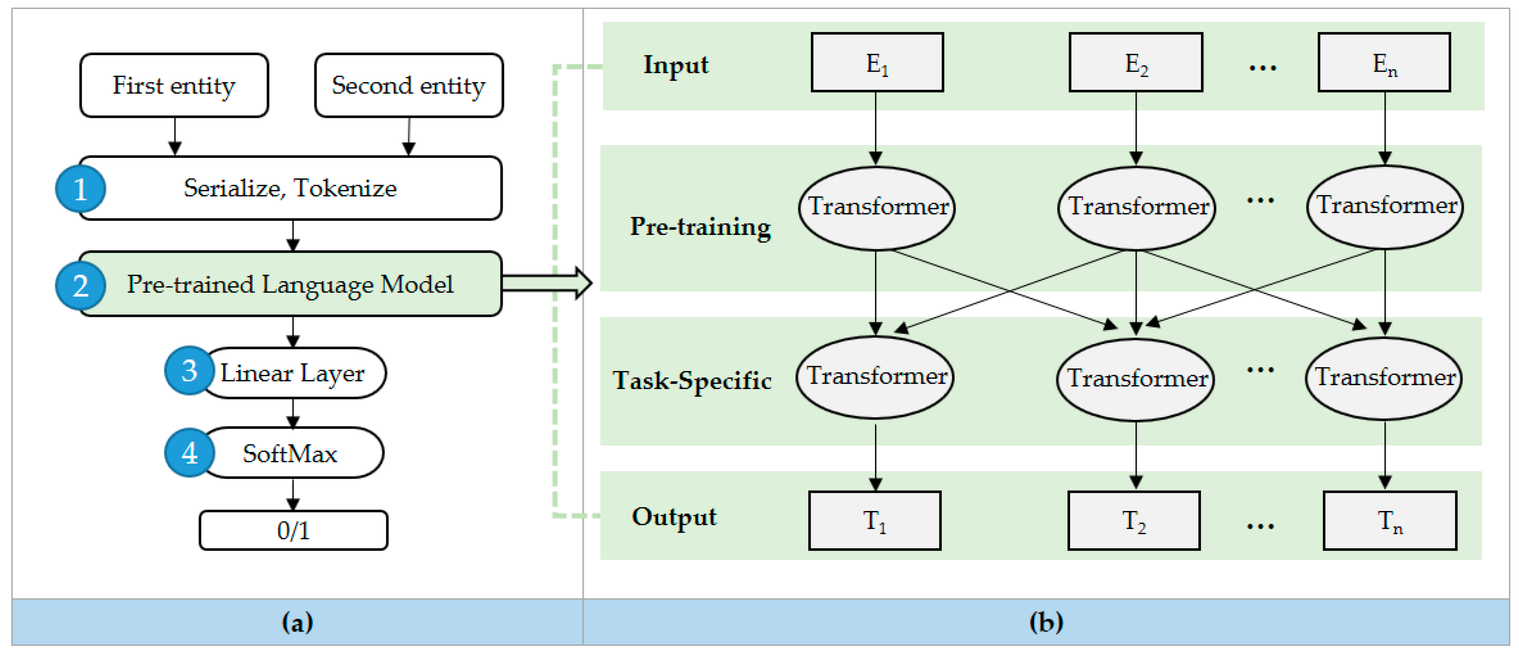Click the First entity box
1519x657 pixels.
(174, 86)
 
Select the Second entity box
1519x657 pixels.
(409, 86)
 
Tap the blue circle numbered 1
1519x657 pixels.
(80, 189)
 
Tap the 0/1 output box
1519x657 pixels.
(293, 530)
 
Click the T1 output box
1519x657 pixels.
(874, 521)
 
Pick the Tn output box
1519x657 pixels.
(1390, 521)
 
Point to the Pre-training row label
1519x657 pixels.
(700, 226)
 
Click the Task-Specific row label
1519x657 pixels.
(692, 380)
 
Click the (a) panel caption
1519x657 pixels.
(297, 622)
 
